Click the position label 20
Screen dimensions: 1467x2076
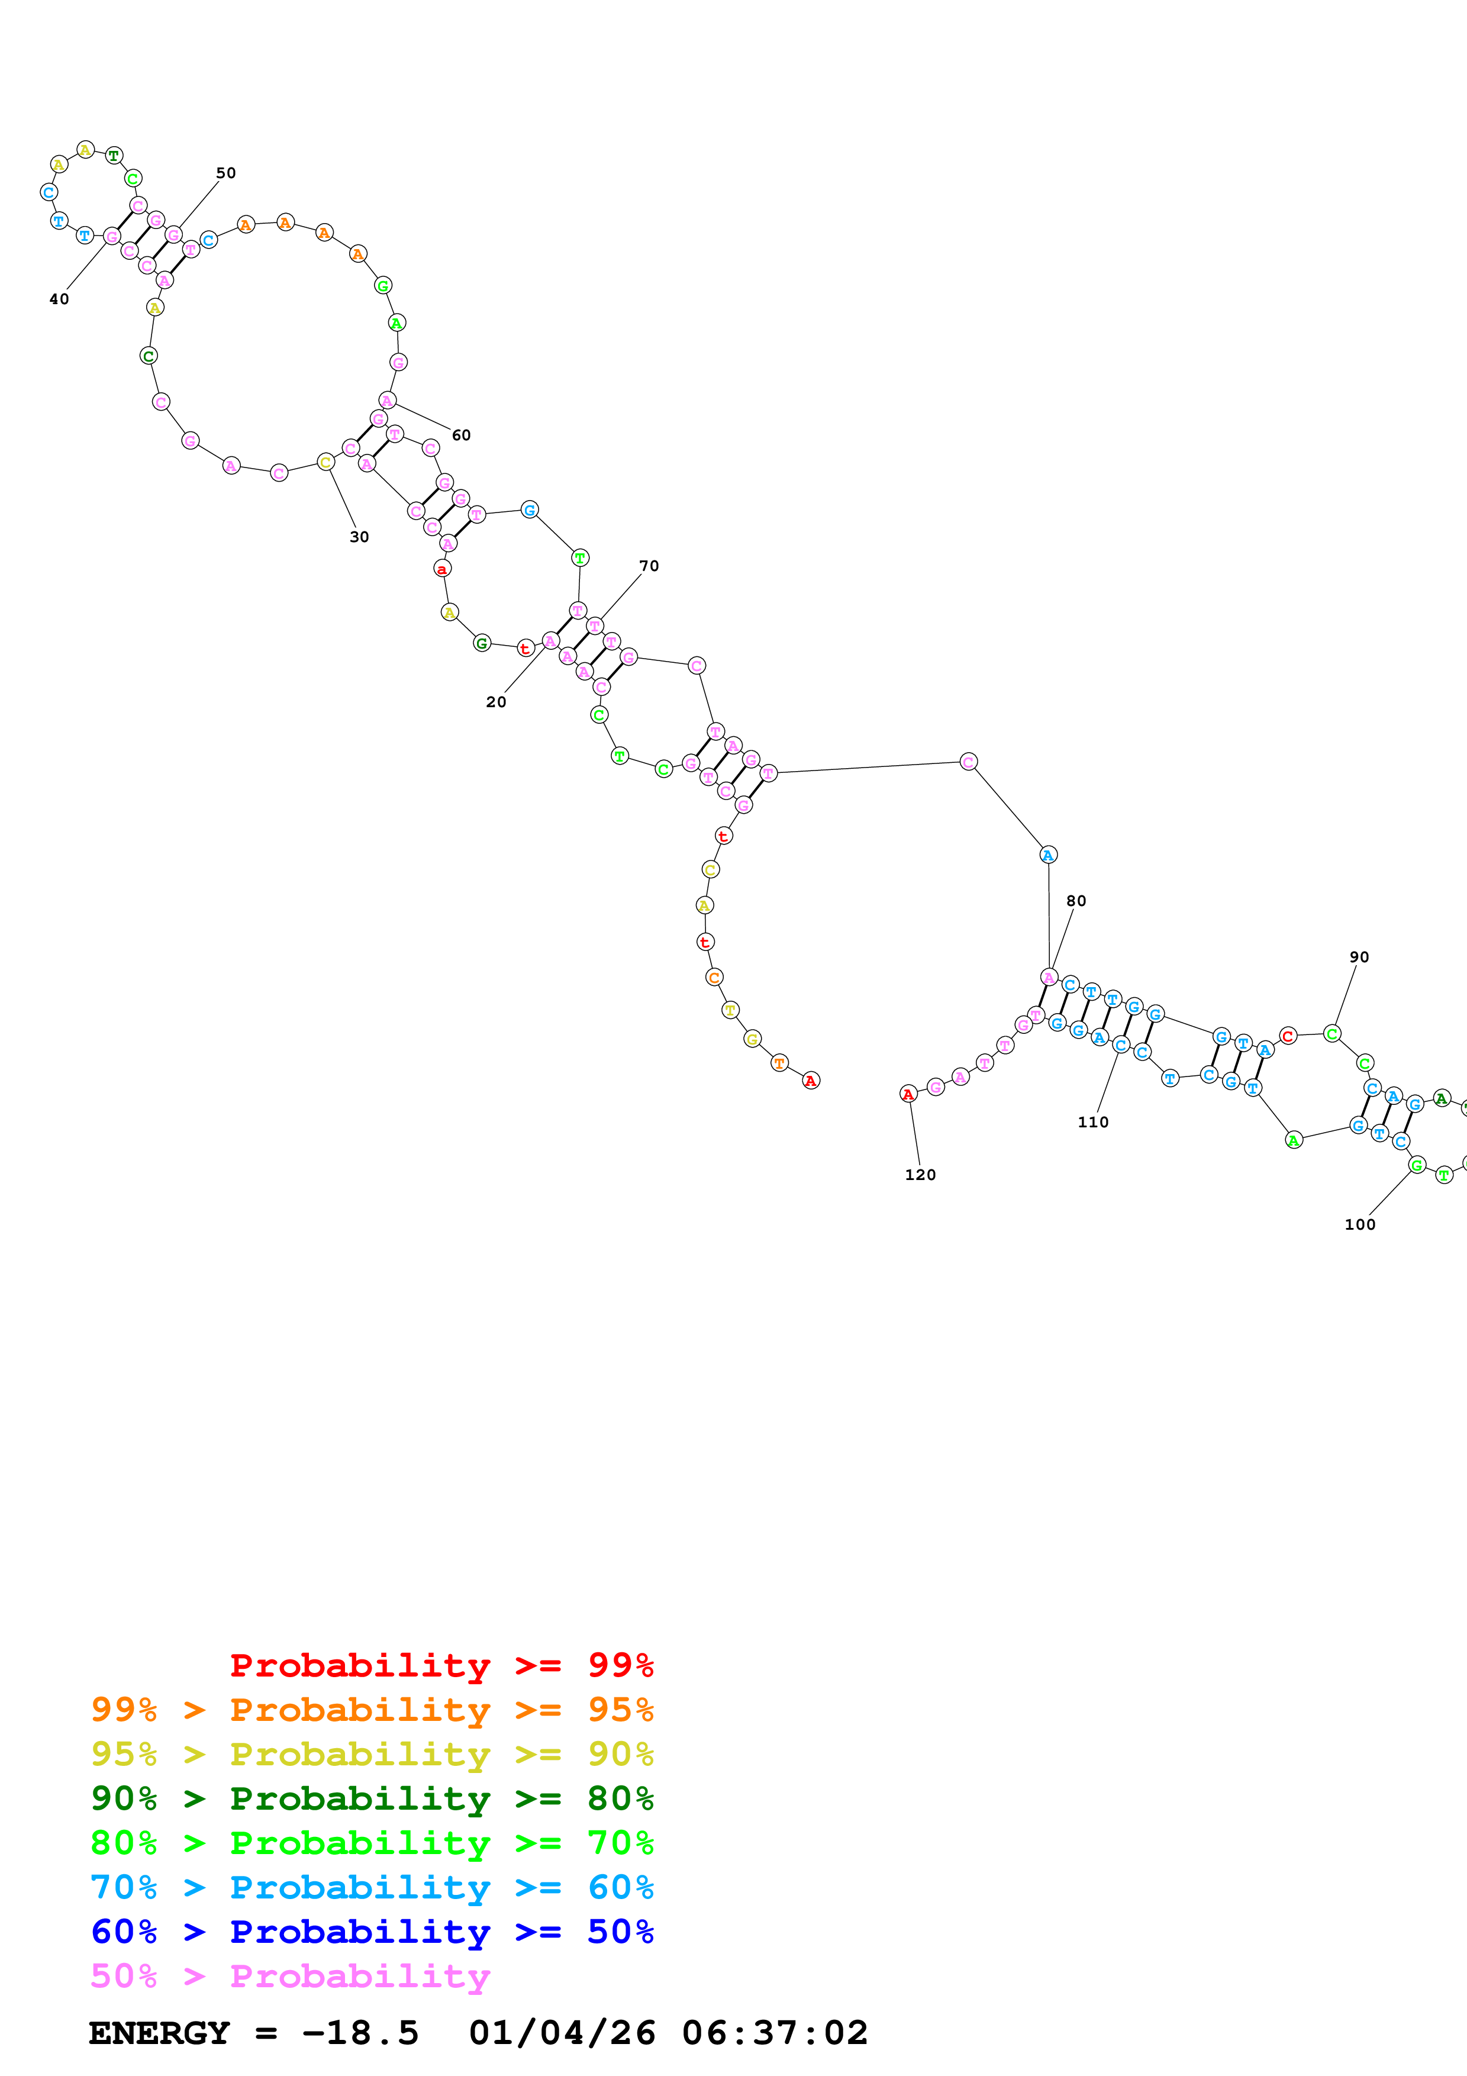(495, 702)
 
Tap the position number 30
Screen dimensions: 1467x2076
(359, 537)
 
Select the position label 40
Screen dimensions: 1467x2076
(59, 299)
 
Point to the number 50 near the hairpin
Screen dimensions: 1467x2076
(225, 173)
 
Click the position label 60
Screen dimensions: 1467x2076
(461, 435)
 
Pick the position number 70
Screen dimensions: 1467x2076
(649, 566)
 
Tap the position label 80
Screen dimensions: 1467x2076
(1076, 901)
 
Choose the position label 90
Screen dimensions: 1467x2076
(1359, 956)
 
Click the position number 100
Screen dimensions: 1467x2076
(1359, 1224)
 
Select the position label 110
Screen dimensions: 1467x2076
(1093, 1122)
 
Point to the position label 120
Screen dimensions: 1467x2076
(920, 1175)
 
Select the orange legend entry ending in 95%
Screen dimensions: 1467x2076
(372, 1709)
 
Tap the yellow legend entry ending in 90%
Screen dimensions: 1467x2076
(372, 1753)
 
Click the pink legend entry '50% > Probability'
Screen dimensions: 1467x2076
(289, 1975)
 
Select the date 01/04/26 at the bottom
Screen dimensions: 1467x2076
(562, 2033)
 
